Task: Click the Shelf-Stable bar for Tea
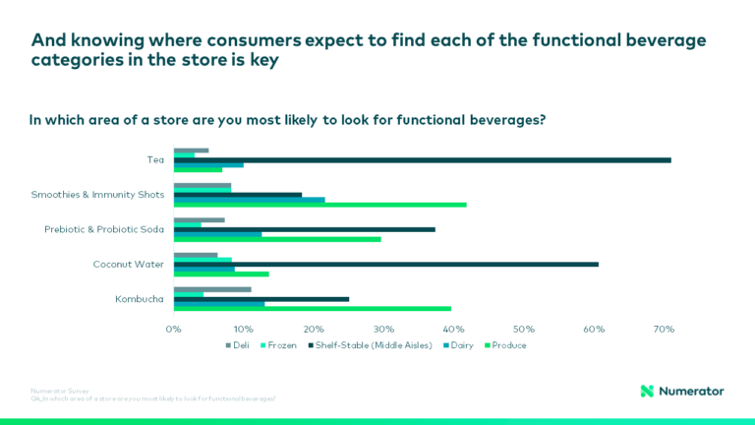point(423,159)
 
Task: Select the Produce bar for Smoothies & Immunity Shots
point(319,205)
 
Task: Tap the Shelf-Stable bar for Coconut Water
point(385,264)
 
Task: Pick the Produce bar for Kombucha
point(312,308)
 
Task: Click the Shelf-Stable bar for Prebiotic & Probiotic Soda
point(304,229)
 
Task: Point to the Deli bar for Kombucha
point(212,289)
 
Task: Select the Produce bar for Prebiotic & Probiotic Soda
point(277,239)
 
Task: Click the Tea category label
point(154,159)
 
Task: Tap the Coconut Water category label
point(128,264)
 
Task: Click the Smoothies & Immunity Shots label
point(97,195)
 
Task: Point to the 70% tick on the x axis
point(663,329)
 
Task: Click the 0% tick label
point(174,329)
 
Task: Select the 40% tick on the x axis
point(453,329)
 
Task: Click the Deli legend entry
point(238,345)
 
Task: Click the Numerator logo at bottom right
point(681,391)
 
